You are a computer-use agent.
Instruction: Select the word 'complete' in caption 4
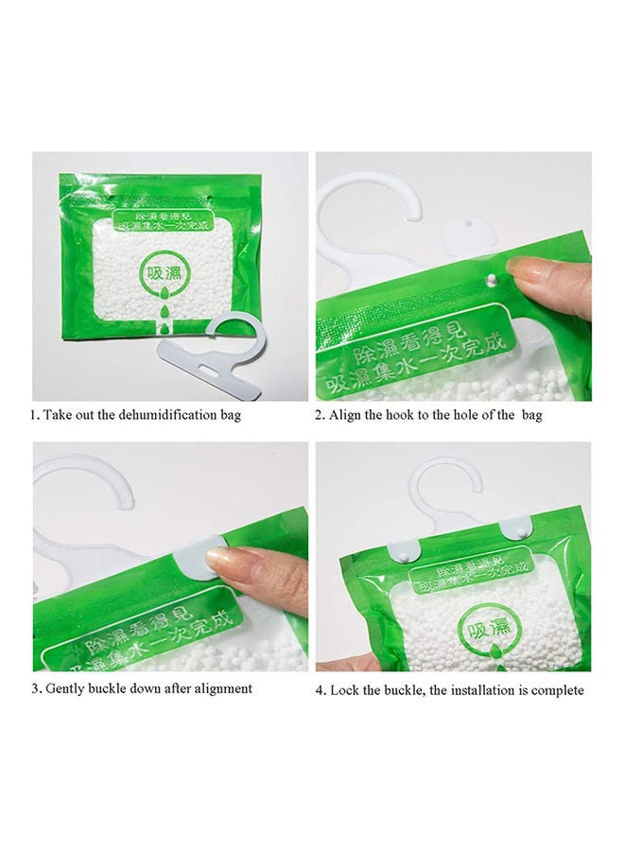point(557,691)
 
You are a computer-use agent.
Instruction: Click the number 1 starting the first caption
point(35,415)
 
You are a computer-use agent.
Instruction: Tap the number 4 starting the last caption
point(320,691)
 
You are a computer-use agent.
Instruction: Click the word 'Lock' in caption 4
point(344,691)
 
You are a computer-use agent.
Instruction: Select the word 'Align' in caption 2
point(347,415)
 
